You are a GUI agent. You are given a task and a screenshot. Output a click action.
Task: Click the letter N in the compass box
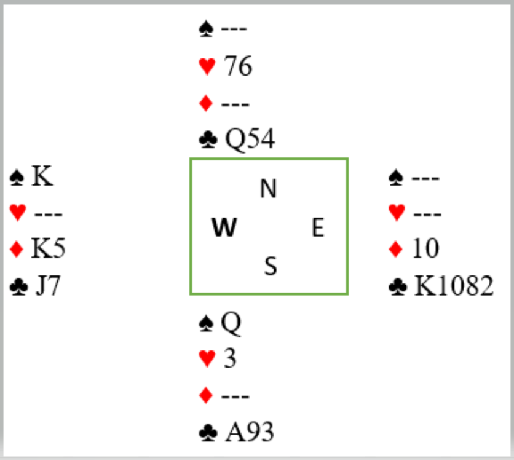[x=269, y=188]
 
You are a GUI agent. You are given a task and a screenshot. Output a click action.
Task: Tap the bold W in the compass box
[x=224, y=227]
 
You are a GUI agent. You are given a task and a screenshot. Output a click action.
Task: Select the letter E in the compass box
[x=318, y=227]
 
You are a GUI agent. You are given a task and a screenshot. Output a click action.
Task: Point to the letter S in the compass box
[x=270, y=266]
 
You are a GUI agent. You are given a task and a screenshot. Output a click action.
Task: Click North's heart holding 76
[x=238, y=66]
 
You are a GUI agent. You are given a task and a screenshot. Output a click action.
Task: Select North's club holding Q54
[x=250, y=139]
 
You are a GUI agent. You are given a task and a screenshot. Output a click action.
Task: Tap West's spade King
[x=42, y=176]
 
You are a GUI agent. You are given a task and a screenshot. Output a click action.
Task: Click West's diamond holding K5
[x=48, y=247]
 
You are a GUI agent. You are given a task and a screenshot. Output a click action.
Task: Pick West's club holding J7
[x=48, y=286]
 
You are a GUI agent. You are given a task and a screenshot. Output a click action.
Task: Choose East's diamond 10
[x=426, y=248]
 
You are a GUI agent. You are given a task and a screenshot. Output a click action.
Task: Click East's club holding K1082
[x=453, y=286]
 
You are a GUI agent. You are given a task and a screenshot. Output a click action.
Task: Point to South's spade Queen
[x=231, y=323]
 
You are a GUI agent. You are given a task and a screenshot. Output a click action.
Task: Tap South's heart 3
[x=229, y=357]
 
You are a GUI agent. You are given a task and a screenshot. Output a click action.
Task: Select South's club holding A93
[x=250, y=431]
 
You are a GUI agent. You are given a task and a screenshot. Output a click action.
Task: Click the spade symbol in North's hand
[x=206, y=29]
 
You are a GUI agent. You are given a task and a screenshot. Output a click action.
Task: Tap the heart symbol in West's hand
[x=18, y=212]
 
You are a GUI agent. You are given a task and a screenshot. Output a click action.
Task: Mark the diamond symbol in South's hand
[x=206, y=396]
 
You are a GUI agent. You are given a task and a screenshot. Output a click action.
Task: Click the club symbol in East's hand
[x=398, y=287]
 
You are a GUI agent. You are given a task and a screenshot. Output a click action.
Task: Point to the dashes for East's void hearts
[x=427, y=214]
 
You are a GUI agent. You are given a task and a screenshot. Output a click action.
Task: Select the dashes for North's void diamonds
[x=236, y=105]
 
